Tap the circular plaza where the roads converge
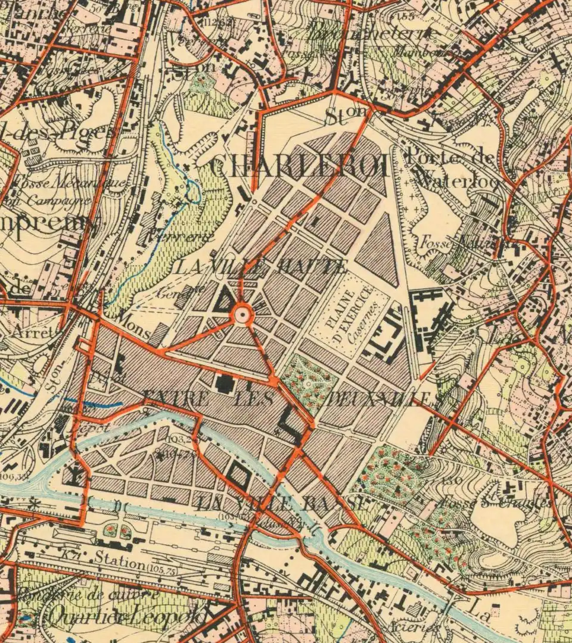pyautogui.click(x=242, y=313)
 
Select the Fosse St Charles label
pyautogui.click(x=495, y=502)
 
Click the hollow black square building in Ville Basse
pyautogui.click(x=238, y=476)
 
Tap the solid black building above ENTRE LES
pyautogui.click(x=225, y=383)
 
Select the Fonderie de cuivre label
pyautogui.click(x=89, y=594)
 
